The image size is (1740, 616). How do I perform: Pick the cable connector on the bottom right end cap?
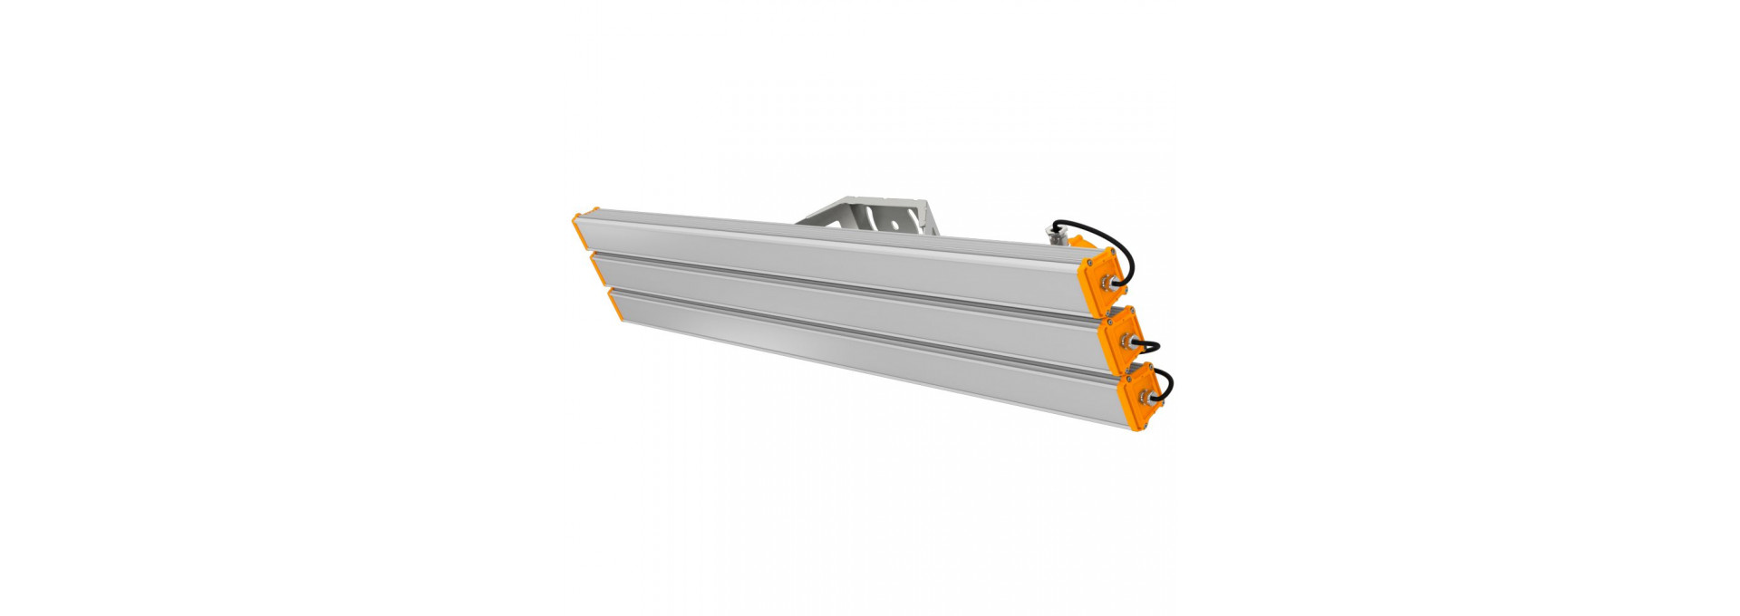pyautogui.click(x=1144, y=395)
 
